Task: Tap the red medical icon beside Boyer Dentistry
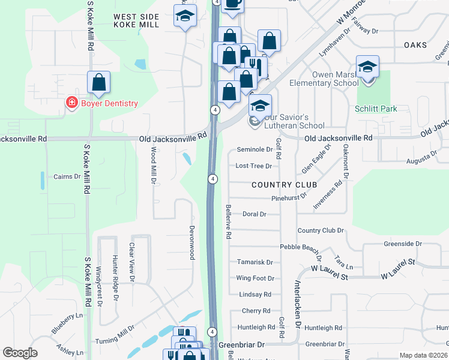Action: coord(71,103)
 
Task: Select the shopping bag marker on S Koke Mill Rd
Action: coord(99,83)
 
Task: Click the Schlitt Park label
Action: coord(376,109)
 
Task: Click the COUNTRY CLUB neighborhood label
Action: coord(284,185)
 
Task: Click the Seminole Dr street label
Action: coord(255,149)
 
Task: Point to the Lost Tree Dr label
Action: coord(254,166)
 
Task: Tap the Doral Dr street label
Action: coord(254,214)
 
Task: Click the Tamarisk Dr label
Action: coord(255,262)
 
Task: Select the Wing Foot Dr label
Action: coord(255,278)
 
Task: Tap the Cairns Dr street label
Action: coord(67,176)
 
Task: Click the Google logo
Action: coord(20,353)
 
